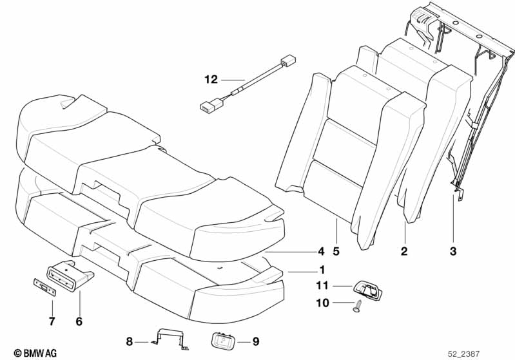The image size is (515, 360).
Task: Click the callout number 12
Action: click(211, 79)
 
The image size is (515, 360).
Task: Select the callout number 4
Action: click(321, 251)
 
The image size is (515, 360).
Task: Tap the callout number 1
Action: click(322, 270)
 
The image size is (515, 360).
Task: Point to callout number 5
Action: click(336, 251)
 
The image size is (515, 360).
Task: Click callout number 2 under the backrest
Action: click(404, 251)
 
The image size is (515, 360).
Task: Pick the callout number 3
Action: click(453, 251)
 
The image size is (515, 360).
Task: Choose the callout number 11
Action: click(322, 285)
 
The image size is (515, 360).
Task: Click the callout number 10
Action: click(322, 303)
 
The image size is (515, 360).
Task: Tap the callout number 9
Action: click(256, 341)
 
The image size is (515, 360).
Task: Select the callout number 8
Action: click(130, 341)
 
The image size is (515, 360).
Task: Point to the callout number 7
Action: click(52, 321)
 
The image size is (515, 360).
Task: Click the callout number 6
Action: click(79, 321)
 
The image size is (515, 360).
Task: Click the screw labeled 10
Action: click(357, 306)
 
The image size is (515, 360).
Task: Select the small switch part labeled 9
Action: click(223, 341)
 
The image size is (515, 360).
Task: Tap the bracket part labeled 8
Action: click(170, 339)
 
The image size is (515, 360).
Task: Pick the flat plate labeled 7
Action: click(45, 287)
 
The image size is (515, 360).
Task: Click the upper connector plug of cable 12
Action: click(287, 61)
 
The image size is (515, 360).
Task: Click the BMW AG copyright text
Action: click(35, 353)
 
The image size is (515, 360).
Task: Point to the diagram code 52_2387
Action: click(463, 354)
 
